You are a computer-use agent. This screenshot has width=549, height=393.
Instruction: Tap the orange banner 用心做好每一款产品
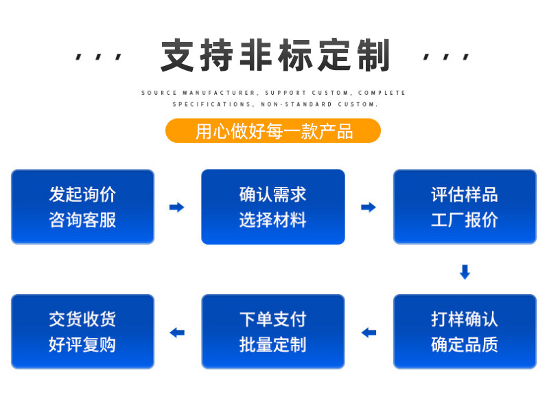pyautogui.click(x=273, y=131)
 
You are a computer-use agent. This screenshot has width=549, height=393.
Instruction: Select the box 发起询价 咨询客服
pyautogui.click(x=82, y=207)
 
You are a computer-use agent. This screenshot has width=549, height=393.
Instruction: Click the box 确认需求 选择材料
pyautogui.click(x=272, y=207)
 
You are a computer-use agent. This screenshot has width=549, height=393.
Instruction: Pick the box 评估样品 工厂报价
pyautogui.click(x=465, y=207)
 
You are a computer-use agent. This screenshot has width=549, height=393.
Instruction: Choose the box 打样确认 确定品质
pyautogui.click(x=465, y=332)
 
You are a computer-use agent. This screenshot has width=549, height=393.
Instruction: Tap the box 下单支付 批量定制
pyautogui.click(x=272, y=332)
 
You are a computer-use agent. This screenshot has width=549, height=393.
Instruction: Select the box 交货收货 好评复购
pyautogui.click(x=82, y=332)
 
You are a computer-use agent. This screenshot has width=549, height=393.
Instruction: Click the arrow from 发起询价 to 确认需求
pyautogui.click(x=177, y=207)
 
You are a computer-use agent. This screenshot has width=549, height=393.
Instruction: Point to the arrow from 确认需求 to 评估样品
pyautogui.click(x=369, y=207)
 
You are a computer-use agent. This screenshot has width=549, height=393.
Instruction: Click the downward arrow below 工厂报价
pyautogui.click(x=465, y=272)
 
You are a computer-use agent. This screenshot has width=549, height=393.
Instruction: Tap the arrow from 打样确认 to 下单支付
pyautogui.click(x=369, y=333)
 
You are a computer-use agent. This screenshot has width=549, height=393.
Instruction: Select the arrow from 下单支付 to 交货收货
pyautogui.click(x=177, y=333)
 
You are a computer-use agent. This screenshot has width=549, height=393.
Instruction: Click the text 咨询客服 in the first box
pyautogui.click(x=82, y=220)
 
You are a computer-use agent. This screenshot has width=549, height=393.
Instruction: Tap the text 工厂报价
pyautogui.click(x=465, y=220)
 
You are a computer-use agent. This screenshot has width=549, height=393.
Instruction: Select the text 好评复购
pyautogui.click(x=82, y=345)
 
